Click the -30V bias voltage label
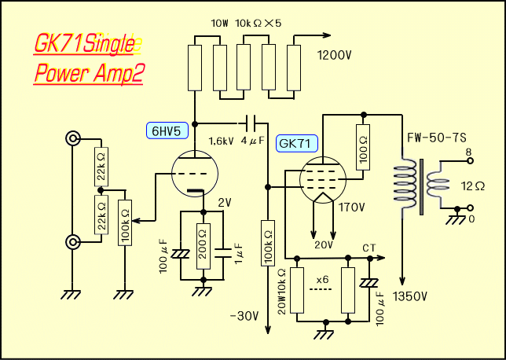click(244, 316)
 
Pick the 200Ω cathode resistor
click(203, 244)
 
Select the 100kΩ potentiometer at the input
click(125, 223)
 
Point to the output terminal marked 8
click(470, 160)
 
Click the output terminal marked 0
click(470, 208)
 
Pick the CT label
click(369, 248)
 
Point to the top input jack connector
click(73, 139)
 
